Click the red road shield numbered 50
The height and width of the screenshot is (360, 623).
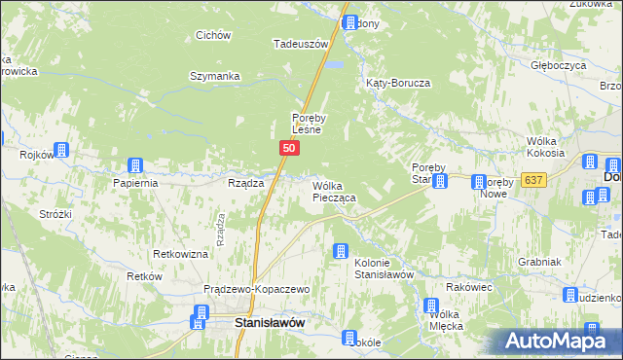click(x=289, y=147)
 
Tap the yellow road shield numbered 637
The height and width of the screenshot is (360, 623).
click(x=532, y=180)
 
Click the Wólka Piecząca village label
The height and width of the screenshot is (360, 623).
click(x=333, y=191)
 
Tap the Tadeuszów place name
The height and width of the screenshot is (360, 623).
click(x=298, y=44)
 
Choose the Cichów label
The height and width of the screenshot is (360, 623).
click(x=212, y=36)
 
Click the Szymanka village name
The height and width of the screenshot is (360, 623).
click(x=214, y=76)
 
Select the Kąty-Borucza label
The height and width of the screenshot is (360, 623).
click(x=397, y=84)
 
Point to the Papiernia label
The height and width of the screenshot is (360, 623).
click(x=135, y=183)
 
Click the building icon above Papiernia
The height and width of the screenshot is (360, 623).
click(x=137, y=165)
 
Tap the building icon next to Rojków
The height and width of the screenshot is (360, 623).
click(x=61, y=150)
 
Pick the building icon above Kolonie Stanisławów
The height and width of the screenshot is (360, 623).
click(x=341, y=251)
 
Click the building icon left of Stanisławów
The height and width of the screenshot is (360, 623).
click(x=201, y=313)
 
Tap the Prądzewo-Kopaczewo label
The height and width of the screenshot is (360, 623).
click(x=256, y=290)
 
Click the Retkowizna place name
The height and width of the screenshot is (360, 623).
click(x=181, y=254)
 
